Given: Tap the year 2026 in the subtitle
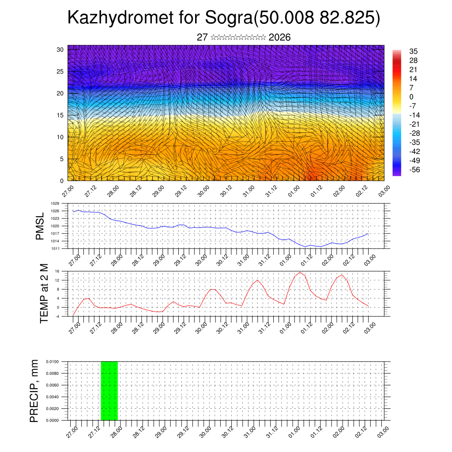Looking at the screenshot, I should [x=279, y=38].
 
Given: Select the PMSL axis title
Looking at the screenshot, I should [x=40, y=226].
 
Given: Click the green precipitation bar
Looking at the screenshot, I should [x=109, y=391].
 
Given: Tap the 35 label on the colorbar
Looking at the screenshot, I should [x=414, y=51].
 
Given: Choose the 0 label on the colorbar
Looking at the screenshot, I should [x=411, y=97].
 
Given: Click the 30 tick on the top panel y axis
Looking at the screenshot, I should [x=60, y=49].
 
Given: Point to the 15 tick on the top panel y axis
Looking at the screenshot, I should [x=60, y=115].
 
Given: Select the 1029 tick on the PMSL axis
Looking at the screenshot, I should [x=55, y=203].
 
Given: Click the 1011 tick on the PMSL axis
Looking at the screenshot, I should [x=55, y=249].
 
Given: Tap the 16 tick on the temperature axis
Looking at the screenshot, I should [x=57, y=271].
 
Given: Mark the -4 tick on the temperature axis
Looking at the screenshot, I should [x=56, y=316].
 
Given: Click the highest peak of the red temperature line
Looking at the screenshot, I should [x=300, y=272].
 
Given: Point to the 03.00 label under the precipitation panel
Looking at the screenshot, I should [x=383, y=429].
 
